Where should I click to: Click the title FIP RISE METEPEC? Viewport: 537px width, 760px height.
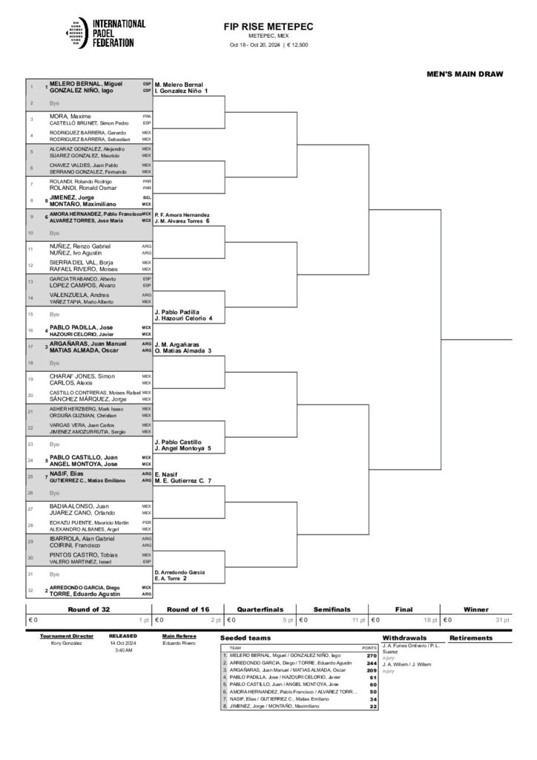(268, 27)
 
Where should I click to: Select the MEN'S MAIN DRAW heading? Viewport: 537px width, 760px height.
(465, 74)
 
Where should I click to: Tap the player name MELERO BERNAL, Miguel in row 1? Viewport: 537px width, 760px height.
(81, 84)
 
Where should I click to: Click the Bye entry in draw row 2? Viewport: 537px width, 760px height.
(54, 103)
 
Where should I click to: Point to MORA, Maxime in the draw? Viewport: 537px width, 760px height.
(69, 116)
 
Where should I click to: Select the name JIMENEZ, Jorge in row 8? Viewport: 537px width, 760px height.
(72, 197)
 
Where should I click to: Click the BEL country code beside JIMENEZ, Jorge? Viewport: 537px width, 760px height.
(147, 197)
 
